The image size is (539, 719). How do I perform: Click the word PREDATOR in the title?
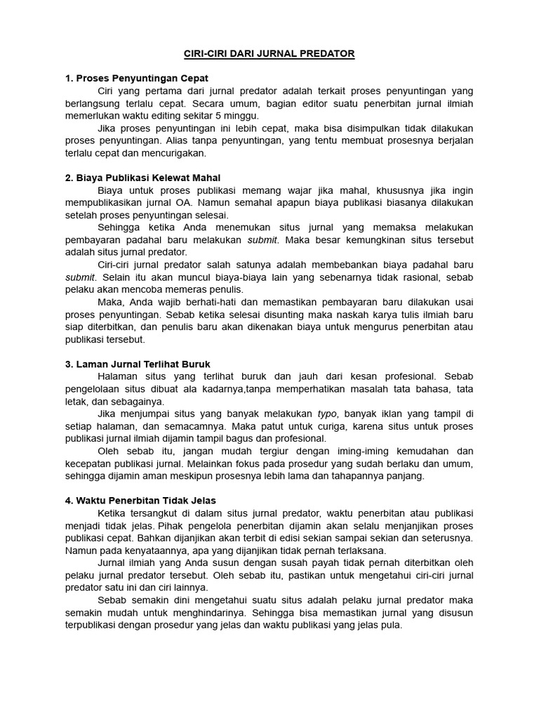pos(326,53)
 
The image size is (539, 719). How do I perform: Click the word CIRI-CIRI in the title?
pos(208,53)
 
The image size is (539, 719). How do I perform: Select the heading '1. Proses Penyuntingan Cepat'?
pos(136,78)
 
